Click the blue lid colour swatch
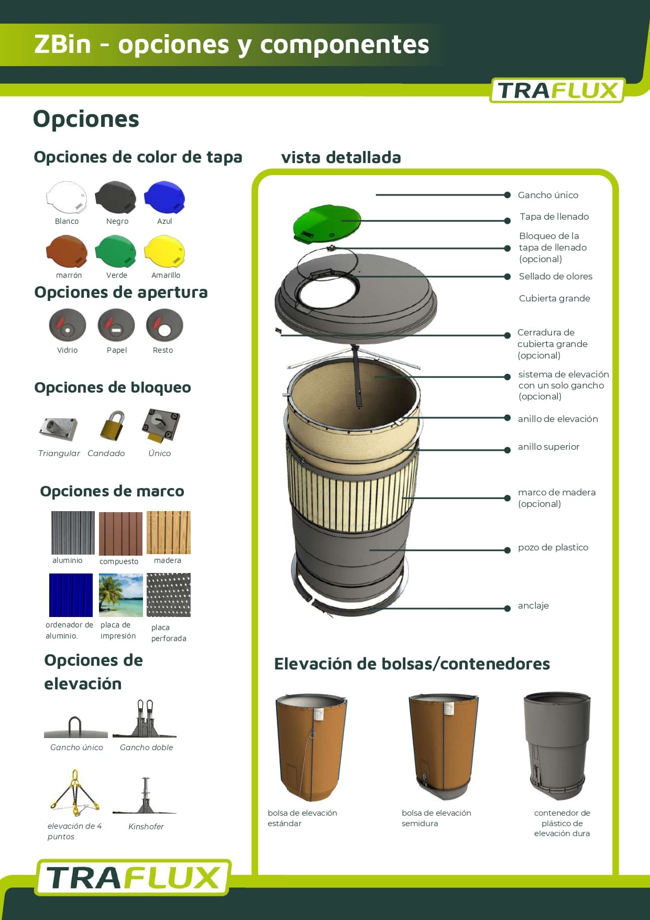[x=164, y=198]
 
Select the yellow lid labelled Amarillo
[x=164, y=252]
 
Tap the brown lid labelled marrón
[x=67, y=252]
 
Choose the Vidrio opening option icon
[x=68, y=325]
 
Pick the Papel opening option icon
[x=116, y=325]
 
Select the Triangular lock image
[x=59, y=428]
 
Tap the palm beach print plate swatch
[x=121, y=595]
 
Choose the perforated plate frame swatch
[x=169, y=595]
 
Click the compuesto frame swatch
[x=121, y=534]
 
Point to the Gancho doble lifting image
[x=145, y=718]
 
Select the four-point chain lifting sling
[x=74, y=793]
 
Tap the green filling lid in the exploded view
[x=326, y=223]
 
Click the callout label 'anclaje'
[x=533, y=605]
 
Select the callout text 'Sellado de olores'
[x=556, y=276]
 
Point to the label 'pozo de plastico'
[x=553, y=547]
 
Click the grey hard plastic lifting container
[x=557, y=745]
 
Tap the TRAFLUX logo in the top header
[x=557, y=90]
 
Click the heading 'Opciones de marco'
[x=112, y=491]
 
